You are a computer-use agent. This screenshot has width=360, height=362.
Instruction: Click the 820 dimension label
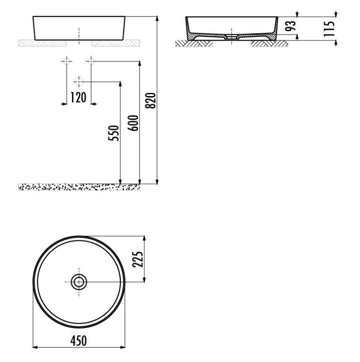point(151,100)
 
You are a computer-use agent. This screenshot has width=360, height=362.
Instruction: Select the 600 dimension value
point(133,123)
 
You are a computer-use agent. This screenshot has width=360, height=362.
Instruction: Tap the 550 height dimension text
point(114,133)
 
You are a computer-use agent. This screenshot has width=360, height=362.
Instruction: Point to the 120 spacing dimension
point(78,97)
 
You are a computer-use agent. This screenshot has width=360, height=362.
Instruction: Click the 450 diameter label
point(79,341)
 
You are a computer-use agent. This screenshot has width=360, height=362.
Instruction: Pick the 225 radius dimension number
point(138,259)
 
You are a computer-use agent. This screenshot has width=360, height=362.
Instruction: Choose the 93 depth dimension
point(291,26)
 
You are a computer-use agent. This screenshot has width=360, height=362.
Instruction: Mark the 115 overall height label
point(329,28)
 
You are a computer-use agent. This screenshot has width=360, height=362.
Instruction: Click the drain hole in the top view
point(79,282)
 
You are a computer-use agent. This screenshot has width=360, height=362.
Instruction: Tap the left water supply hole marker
point(67,61)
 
